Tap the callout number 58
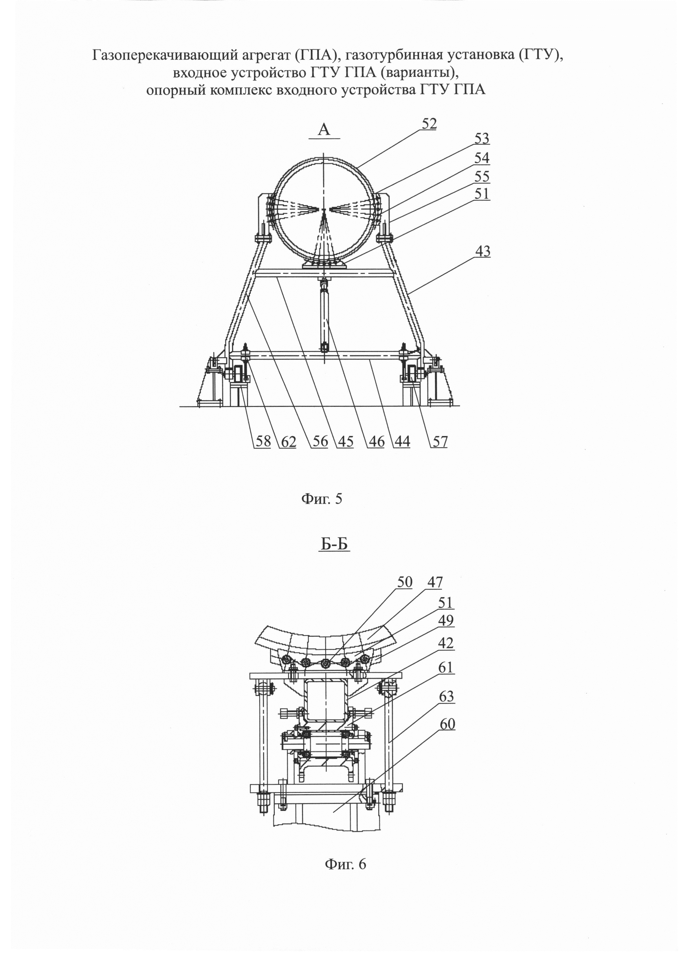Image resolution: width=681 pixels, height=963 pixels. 263,442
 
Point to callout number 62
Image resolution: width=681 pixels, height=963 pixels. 288,442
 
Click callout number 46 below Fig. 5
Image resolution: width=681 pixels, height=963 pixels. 376,442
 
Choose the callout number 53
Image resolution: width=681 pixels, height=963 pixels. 482,138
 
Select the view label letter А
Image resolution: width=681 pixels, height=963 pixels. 324,130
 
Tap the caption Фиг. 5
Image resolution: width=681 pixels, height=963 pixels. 322,499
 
